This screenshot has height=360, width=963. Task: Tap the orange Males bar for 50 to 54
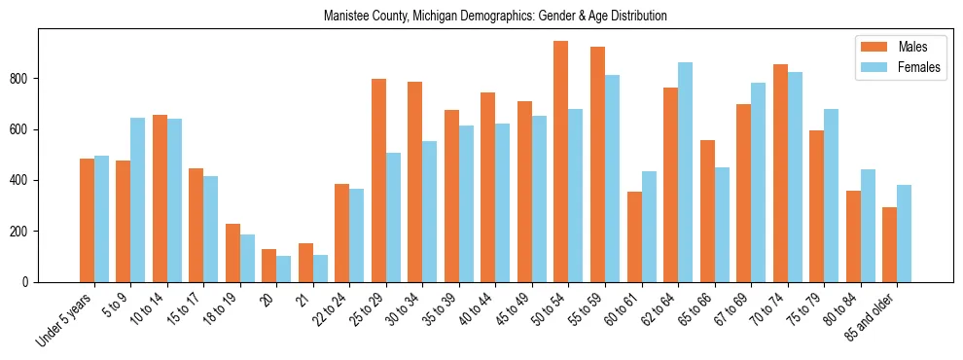561,162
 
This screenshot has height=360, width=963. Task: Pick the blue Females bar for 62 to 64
685,172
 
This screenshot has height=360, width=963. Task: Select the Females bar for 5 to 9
137,199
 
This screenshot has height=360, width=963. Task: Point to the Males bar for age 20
269,266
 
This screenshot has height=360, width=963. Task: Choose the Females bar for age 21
320,269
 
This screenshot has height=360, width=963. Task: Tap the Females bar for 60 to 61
649,227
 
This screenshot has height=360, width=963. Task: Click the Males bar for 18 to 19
232,253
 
